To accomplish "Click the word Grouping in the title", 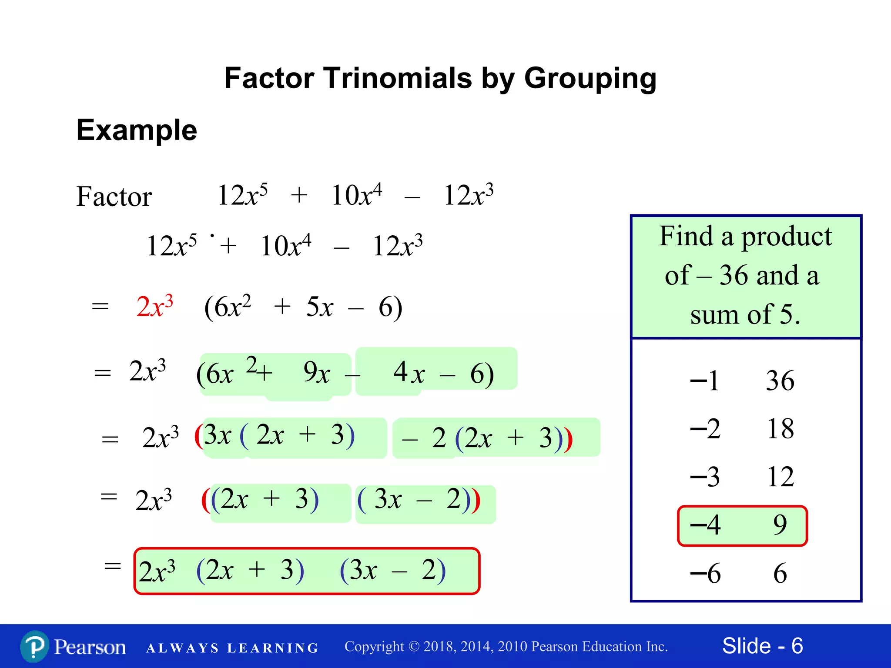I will pyautogui.click(x=590, y=79).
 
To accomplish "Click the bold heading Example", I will pyautogui.click(x=137, y=130).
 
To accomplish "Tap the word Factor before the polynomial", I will pyautogui.click(x=114, y=197).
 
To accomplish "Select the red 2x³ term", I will pyautogui.click(x=154, y=306).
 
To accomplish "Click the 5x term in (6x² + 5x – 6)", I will pyautogui.click(x=319, y=307).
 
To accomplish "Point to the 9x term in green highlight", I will pyautogui.click(x=316, y=373).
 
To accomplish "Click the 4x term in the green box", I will pyautogui.click(x=409, y=373).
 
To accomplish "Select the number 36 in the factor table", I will pyautogui.click(x=780, y=381).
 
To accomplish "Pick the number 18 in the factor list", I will pyautogui.click(x=780, y=429).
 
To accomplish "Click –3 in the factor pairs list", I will pyautogui.click(x=705, y=477).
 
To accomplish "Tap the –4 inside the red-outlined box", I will pyautogui.click(x=705, y=525).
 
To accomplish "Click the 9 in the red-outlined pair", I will pyautogui.click(x=780, y=525).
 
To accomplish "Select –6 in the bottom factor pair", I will pyautogui.click(x=705, y=573).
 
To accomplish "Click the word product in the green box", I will pyautogui.click(x=786, y=237).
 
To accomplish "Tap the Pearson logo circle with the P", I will pyautogui.click(x=34, y=647).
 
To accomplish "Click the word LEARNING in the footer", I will pyautogui.click(x=273, y=648).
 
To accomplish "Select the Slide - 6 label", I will pyautogui.click(x=762, y=646).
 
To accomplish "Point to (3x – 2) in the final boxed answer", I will pyautogui.click(x=392, y=570).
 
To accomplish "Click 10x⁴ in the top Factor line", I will pyautogui.click(x=356, y=195).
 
